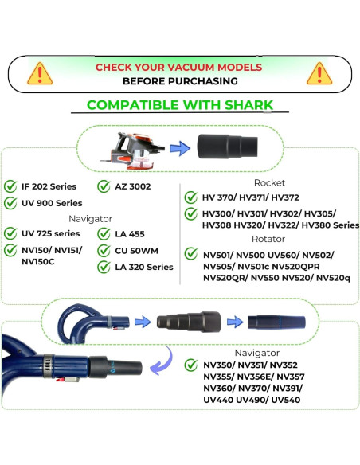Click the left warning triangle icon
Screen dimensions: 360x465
coord(40,73)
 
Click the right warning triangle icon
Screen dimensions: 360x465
coord(319,73)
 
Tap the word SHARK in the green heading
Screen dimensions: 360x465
coord(248,105)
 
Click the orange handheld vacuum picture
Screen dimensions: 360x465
coord(132,151)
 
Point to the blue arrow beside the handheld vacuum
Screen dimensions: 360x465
coord(180,148)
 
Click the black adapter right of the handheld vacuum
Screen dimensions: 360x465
coord(228,147)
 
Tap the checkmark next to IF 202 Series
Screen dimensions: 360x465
coord(10,186)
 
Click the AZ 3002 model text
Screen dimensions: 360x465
coord(133,186)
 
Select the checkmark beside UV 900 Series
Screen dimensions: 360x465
coord(10,203)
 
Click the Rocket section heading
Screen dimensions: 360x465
coord(269,182)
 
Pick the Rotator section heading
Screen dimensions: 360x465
coord(268,239)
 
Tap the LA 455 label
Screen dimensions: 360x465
coord(130,234)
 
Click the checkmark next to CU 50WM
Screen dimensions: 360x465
coord(104,251)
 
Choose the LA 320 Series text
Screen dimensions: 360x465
coord(144,267)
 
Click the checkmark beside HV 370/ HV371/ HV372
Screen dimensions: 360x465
coord(191,197)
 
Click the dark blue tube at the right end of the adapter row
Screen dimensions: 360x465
coord(276,322)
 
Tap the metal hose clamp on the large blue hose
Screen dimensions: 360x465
coord(49,366)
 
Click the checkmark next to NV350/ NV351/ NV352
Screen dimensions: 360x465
coord(191,365)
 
